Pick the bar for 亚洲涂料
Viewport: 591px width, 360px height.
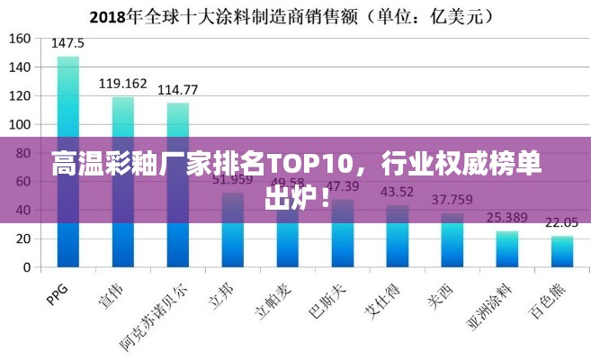tap(507, 249)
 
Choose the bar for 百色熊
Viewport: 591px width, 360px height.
tap(562, 252)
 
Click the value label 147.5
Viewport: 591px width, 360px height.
tap(68, 43)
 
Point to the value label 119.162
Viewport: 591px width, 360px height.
tap(123, 84)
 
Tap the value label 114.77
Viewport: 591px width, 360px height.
tap(178, 90)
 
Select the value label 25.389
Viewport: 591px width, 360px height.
tap(507, 218)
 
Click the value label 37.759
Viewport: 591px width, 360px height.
tap(452, 200)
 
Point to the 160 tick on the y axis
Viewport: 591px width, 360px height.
tap(20, 39)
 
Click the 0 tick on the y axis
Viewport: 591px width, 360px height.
tap(26, 267)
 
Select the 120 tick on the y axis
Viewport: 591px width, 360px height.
tap(20, 95)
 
